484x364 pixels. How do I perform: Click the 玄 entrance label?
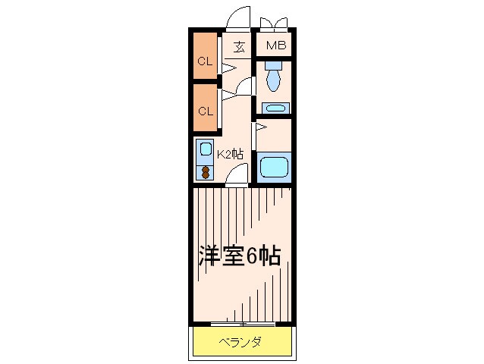239,47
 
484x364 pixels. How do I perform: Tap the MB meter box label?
275,46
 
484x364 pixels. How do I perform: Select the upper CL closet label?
204,62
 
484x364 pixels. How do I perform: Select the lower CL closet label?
204,111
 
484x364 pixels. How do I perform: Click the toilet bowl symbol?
274,75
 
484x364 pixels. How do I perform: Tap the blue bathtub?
274,166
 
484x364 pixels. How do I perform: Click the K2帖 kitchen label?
230,153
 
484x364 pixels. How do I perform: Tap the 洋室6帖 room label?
240,256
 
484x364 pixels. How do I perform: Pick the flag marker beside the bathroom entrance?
259,127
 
